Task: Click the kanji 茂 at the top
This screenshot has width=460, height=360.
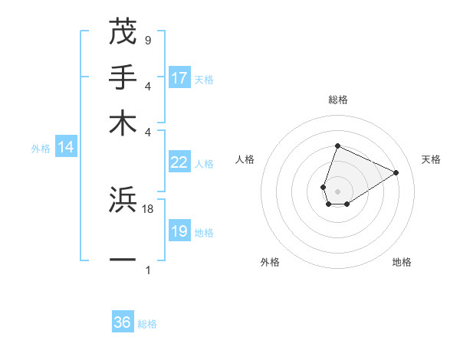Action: pos(123,31)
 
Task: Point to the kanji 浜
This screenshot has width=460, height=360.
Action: pos(123,200)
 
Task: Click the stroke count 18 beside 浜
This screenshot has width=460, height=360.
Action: pos(148,208)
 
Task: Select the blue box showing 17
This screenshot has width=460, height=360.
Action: pos(179,77)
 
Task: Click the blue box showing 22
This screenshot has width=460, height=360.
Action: pos(179,162)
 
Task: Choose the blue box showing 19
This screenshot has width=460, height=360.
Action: pos(179,231)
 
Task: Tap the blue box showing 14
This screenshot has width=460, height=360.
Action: pos(66,147)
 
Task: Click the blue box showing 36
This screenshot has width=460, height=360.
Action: pos(123,322)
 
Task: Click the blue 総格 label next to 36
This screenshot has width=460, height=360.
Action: pos(147,324)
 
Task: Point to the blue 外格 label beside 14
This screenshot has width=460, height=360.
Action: pos(41,149)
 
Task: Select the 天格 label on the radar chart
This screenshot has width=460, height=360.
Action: pos(431,159)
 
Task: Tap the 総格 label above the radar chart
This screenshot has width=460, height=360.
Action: pos(337,100)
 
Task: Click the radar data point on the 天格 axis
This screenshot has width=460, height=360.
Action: pos(396,172)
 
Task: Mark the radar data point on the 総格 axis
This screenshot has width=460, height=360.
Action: pos(337,146)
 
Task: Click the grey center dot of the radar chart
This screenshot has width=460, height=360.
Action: pos(337,191)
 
